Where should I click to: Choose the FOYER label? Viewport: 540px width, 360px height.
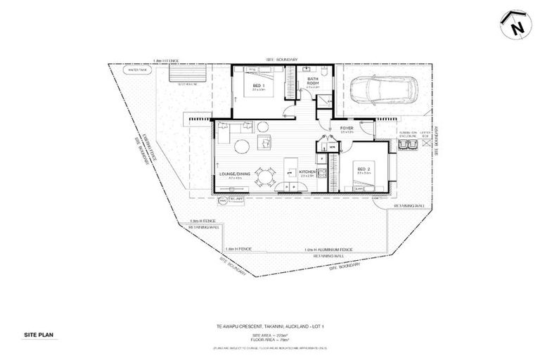click(347, 129)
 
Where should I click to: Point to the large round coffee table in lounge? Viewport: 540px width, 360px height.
click(242, 146)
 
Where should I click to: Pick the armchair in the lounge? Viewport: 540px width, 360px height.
click(266, 143)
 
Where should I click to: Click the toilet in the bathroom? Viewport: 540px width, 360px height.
click(324, 72)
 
